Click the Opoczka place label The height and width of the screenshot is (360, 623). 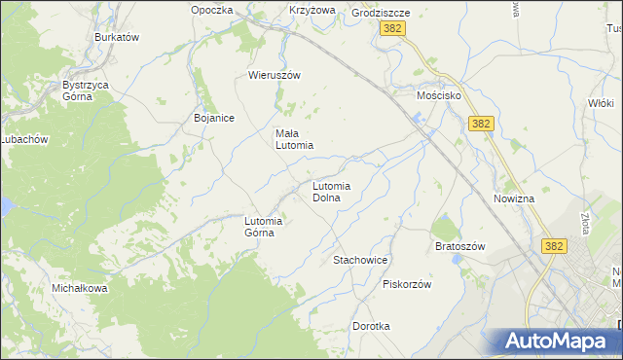point(212,10)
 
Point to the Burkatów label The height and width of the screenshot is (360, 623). point(118,37)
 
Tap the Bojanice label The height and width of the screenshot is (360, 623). point(214,118)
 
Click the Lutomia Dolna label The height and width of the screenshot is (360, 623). point(331,191)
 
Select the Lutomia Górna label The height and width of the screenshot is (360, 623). point(263,226)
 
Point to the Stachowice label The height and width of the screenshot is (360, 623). point(361,261)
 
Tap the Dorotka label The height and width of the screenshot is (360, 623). point(371,326)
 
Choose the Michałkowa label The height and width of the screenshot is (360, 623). point(80,289)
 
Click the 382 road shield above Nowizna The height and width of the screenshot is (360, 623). point(481,124)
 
